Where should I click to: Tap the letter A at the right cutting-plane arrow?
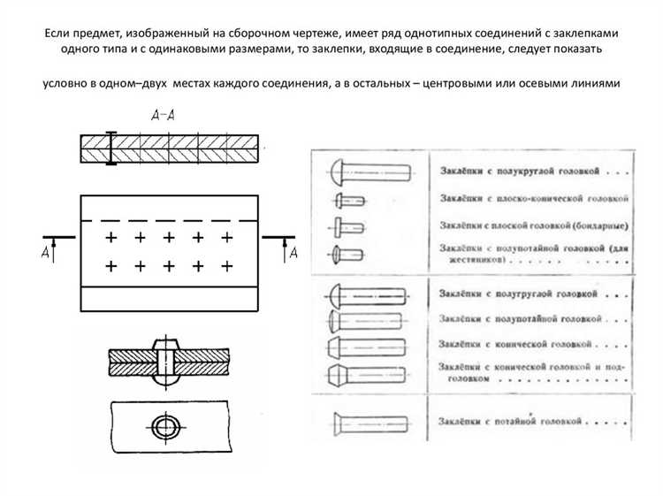(x=293, y=254)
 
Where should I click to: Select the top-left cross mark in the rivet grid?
(x=110, y=237)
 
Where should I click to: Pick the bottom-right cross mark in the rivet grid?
(x=227, y=265)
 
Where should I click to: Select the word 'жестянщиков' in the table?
(x=470, y=263)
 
